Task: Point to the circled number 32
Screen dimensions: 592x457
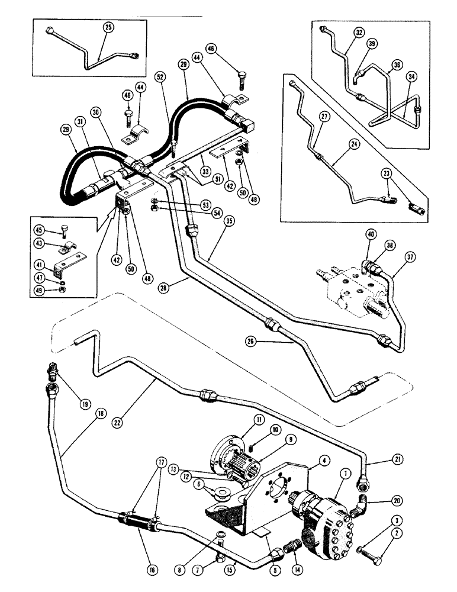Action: pyautogui.click(x=360, y=34)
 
